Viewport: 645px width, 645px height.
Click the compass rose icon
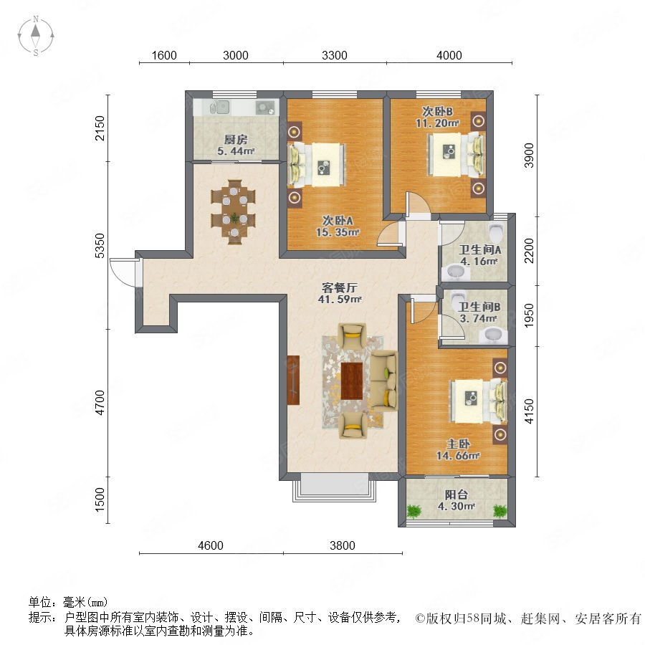coord(36,36)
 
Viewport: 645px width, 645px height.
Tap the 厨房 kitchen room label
coord(236,140)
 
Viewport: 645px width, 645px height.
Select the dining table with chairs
coord(233,211)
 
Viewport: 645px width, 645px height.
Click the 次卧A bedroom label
coord(338,221)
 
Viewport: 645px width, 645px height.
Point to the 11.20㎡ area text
coord(437,123)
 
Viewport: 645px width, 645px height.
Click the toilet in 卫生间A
coord(497,232)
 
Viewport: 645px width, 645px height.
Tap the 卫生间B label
coord(479,307)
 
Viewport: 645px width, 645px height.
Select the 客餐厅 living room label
coord(340,287)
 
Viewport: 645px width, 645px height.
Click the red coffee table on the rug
coord(352,381)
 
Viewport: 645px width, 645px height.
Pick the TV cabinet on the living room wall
coord(293,380)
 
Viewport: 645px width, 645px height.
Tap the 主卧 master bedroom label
coord(458,444)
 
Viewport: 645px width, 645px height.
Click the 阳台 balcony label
coord(457,494)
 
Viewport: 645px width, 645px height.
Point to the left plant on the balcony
coord(414,511)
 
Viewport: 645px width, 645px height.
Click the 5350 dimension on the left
coord(100,246)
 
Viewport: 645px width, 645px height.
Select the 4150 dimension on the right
coord(529,411)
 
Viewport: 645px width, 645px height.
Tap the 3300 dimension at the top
coord(335,55)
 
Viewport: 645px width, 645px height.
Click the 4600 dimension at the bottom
coord(211,545)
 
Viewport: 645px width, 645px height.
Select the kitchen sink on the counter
coord(220,107)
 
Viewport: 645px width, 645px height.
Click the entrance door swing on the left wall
coord(123,272)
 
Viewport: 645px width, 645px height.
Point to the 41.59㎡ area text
coord(340,300)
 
